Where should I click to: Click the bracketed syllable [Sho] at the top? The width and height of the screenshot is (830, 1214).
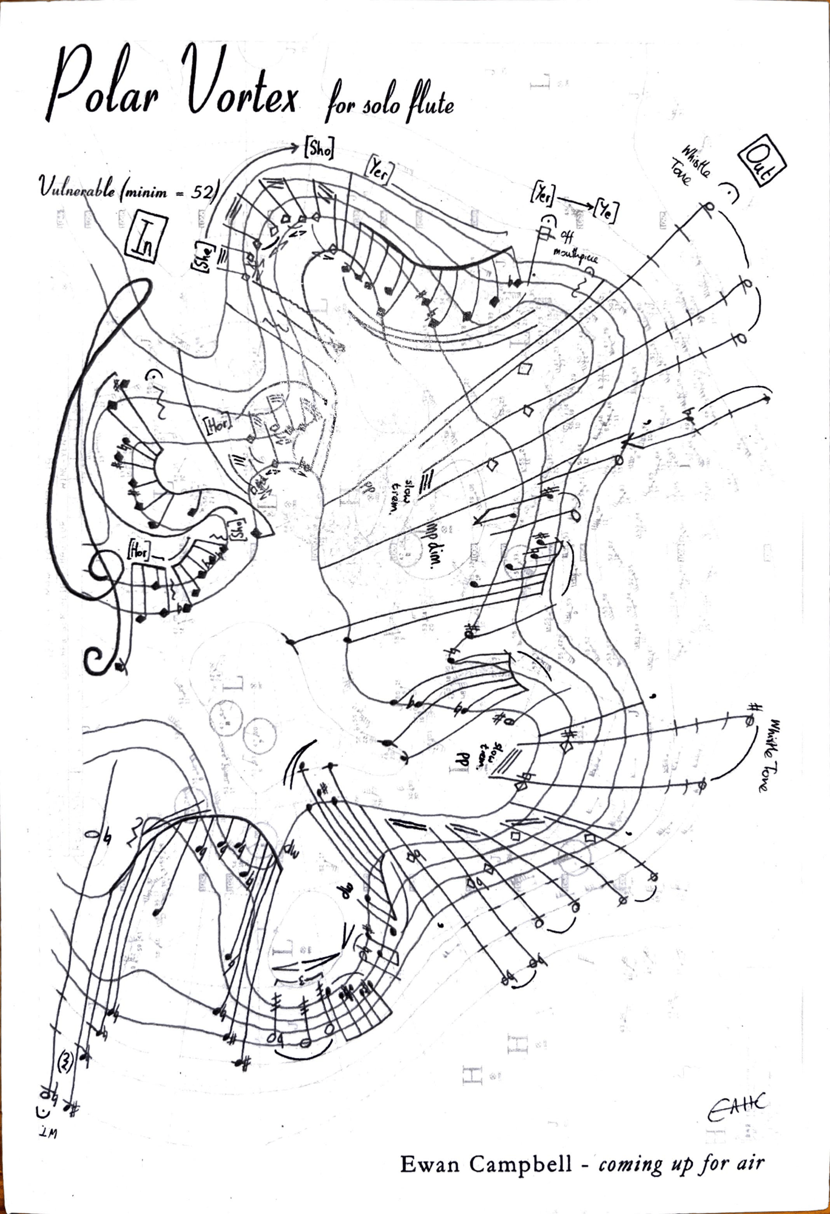click(318, 148)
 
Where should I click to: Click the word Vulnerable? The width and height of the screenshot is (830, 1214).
click(77, 188)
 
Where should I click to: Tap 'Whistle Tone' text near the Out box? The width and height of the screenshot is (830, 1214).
click(690, 166)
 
